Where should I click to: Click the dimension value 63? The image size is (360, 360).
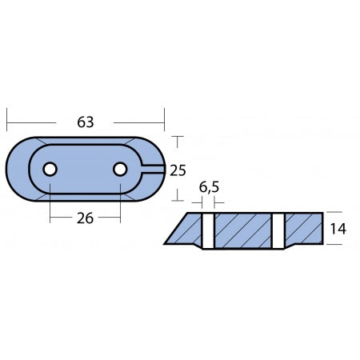pos(86,122)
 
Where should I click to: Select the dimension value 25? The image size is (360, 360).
pos(178,170)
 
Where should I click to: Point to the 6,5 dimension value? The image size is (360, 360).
pos(209,189)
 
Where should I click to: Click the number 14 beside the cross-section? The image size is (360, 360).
pos(338,229)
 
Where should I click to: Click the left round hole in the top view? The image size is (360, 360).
pos(50,169)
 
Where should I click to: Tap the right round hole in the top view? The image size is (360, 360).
pos(120,169)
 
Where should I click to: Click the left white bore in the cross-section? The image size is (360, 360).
pos(208,230)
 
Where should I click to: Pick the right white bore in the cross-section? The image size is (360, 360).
pos(278,230)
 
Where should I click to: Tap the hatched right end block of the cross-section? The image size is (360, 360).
pos(303,229)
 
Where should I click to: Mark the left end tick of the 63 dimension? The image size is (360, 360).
pos(7,122)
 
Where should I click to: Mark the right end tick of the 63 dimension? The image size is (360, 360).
pos(164,122)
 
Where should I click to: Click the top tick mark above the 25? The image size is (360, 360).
pos(178,138)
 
